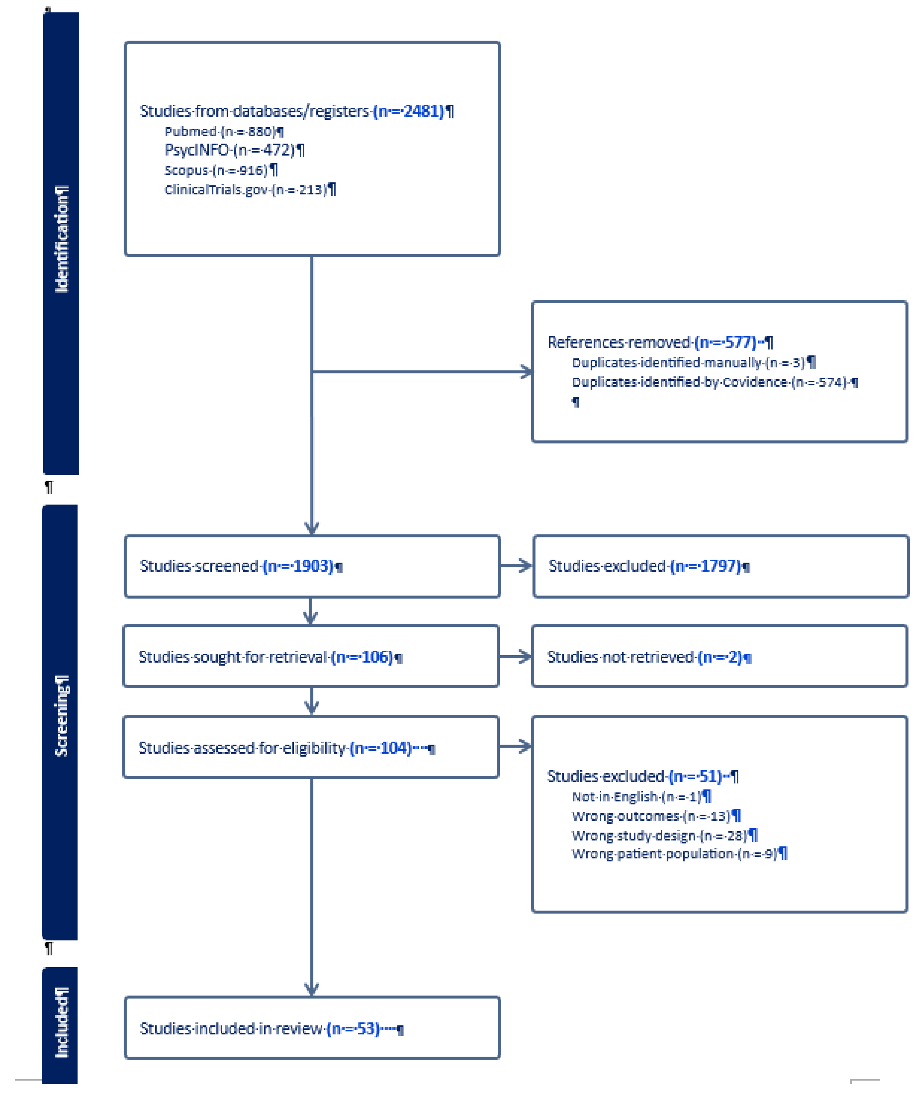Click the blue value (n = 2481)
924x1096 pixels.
point(409,111)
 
